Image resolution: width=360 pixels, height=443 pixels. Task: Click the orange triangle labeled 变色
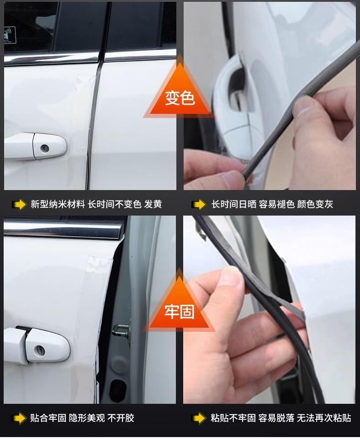pyautogui.click(x=180, y=93)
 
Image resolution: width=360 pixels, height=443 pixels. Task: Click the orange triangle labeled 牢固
pyautogui.click(x=179, y=307)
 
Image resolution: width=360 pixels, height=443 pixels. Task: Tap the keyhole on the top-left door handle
pyautogui.click(x=44, y=148)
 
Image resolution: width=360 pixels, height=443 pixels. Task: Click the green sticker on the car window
pyautogui.click(x=10, y=35)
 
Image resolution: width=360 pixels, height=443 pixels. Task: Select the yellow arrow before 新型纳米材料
pyautogui.click(x=20, y=205)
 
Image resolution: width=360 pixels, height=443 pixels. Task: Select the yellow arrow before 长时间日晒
pyautogui.click(x=199, y=205)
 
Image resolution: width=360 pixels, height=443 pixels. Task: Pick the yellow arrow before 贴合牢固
pyautogui.click(x=20, y=418)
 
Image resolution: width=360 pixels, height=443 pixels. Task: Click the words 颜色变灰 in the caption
pyautogui.click(x=315, y=204)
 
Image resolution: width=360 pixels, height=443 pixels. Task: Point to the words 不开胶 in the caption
pyautogui.click(x=121, y=418)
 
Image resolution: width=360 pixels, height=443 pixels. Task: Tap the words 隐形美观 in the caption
pyautogui.click(x=87, y=418)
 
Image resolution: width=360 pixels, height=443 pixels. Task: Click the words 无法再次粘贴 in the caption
pyautogui.click(x=324, y=418)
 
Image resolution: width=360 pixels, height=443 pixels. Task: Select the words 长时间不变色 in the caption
pyautogui.click(x=114, y=204)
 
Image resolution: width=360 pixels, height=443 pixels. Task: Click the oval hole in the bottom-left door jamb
pyautogui.click(x=118, y=389)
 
